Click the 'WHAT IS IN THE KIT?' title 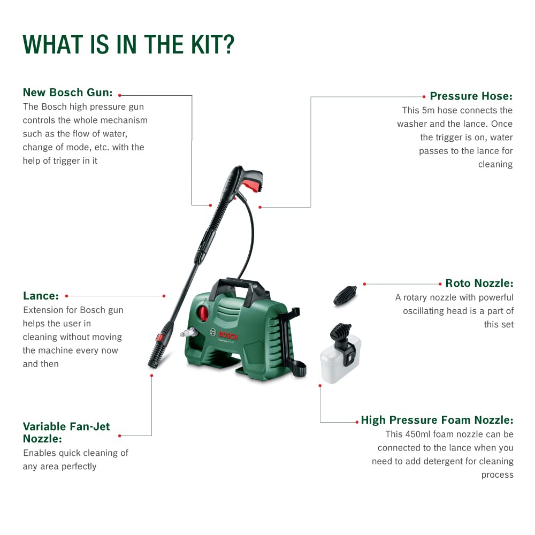128,45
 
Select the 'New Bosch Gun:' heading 67,93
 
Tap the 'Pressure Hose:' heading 471,96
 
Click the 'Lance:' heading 41,296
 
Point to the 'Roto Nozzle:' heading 479,284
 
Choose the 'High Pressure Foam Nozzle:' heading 437,420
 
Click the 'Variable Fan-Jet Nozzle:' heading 66,432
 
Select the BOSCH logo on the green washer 226,336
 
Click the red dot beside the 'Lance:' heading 66,296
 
